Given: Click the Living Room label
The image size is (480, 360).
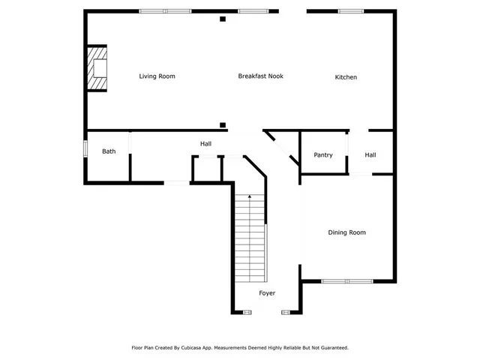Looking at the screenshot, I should tap(157, 76).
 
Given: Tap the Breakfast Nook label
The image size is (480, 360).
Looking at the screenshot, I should tap(260, 76).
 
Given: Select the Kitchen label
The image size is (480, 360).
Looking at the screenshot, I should tap(346, 77).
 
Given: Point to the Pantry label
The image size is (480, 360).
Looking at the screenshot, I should tap(323, 155).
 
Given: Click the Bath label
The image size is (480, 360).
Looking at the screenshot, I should tap(109, 151).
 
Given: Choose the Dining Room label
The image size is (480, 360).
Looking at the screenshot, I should tap(346, 232).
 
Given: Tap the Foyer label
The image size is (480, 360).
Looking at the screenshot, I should tap(268, 292).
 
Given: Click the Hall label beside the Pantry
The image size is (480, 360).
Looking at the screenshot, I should tap(370, 155).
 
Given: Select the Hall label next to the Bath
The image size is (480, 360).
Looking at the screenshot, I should tap(205, 143).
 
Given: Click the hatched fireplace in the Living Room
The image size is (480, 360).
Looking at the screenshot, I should tap(97, 67).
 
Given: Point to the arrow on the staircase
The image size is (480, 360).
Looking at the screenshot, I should tap(250, 197).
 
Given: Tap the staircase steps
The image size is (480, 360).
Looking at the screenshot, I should tap(250, 236).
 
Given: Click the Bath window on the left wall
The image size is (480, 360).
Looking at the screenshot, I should tap(85, 145).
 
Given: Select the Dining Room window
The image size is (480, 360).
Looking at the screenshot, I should tap(347, 281).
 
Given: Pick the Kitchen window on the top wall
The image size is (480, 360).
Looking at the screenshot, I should tap(349, 11).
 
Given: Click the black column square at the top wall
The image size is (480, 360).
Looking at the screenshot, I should tap(223, 19).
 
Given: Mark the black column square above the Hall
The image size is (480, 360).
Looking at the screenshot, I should tap(223, 125).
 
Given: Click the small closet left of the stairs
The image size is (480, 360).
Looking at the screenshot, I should tap(207, 169).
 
